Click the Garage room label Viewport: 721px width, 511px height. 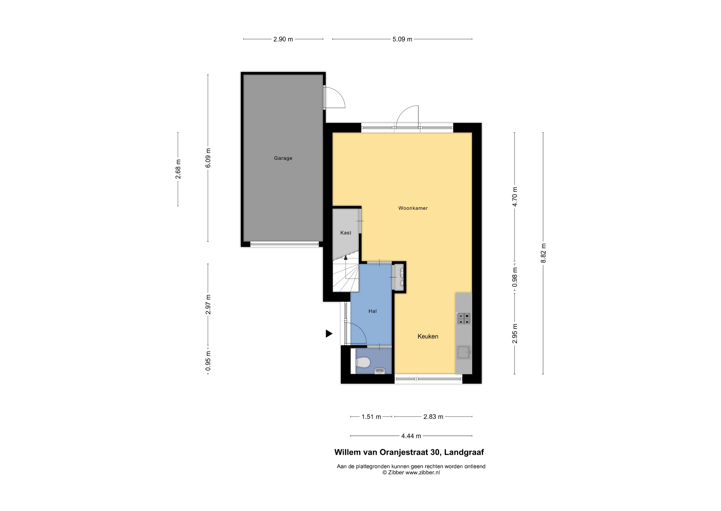[283, 158]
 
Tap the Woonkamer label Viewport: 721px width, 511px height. [413, 208]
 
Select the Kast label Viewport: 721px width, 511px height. [346, 233]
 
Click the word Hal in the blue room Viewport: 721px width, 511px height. [373, 311]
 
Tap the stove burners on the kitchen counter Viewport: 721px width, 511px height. [464, 318]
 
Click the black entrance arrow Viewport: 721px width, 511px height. [329, 334]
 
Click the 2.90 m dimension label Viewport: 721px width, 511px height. [283, 39]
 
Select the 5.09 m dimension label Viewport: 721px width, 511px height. [402, 39]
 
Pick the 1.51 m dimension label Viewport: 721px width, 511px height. [371, 417]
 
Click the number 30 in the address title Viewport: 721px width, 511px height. [435, 452]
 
